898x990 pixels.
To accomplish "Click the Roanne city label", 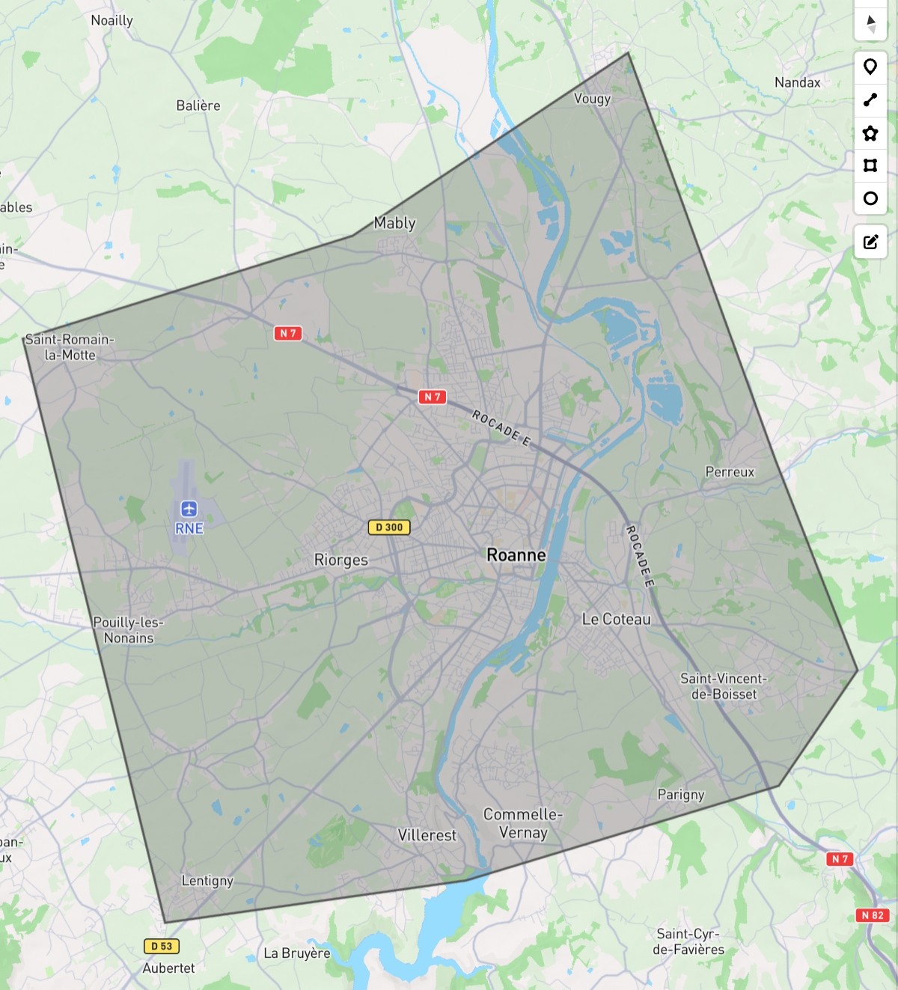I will click(516, 555).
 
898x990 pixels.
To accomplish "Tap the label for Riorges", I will click(341, 560).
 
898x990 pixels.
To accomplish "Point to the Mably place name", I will click(395, 223).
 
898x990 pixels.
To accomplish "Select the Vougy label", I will click(593, 99).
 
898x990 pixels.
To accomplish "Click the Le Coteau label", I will click(617, 620).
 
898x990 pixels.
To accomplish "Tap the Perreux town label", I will click(730, 472).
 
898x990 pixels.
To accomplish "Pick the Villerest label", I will click(427, 835).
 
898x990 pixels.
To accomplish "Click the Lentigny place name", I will click(207, 881).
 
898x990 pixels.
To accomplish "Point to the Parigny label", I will click(681, 795).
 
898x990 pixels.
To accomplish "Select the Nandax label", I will click(798, 83).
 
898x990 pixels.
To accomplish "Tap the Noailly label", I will click(112, 21).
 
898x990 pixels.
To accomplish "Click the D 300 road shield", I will click(389, 528).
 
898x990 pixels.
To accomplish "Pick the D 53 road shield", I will click(162, 947).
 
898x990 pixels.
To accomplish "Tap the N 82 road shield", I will click(873, 915).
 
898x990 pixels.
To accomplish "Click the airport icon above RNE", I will click(189, 509).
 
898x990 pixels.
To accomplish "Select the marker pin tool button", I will click(870, 67).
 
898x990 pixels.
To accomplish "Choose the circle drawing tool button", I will click(870, 198).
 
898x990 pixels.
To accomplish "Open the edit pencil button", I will click(870, 242).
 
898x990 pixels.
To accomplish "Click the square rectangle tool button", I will click(870, 165).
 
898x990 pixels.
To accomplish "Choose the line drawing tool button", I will click(870, 100).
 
